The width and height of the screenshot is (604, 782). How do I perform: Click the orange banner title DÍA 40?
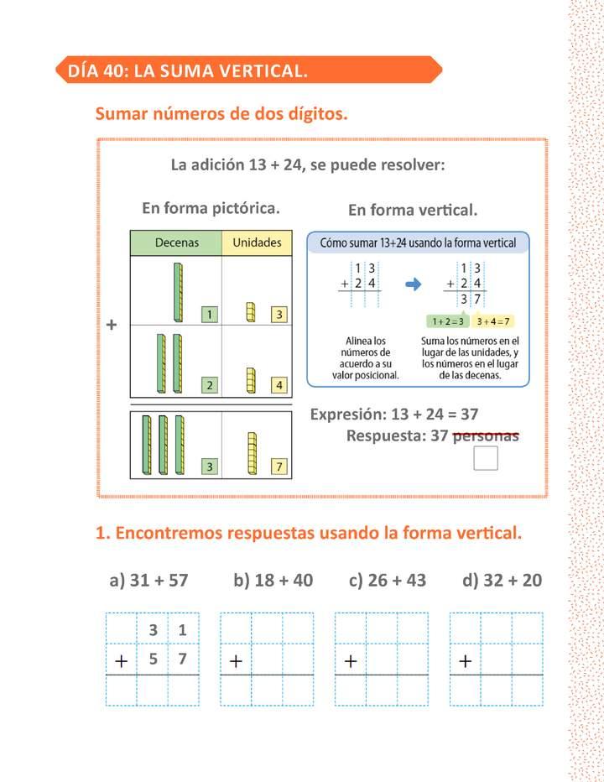click(187, 70)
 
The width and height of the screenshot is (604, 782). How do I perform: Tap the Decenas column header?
click(176, 242)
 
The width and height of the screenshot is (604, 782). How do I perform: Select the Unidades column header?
click(257, 242)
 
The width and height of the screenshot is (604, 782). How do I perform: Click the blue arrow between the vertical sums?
click(413, 284)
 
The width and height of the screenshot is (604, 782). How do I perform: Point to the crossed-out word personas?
click(486, 436)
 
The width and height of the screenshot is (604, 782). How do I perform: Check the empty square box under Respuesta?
click(486, 458)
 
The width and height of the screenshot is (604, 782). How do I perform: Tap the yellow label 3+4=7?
click(493, 321)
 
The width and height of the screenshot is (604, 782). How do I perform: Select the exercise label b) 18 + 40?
click(273, 580)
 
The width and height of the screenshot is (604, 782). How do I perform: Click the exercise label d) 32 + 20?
click(502, 580)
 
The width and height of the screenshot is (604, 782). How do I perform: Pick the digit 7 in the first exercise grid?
click(183, 659)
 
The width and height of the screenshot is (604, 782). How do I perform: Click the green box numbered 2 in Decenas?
click(209, 386)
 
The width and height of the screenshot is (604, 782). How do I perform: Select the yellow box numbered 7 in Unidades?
click(280, 467)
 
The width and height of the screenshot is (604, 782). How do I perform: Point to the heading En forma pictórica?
click(211, 207)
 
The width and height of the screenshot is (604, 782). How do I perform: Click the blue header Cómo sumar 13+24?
click(418, 243)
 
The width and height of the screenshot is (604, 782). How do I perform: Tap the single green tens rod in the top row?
click(178, 292)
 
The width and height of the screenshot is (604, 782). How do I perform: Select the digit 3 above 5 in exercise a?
click(153, 630)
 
